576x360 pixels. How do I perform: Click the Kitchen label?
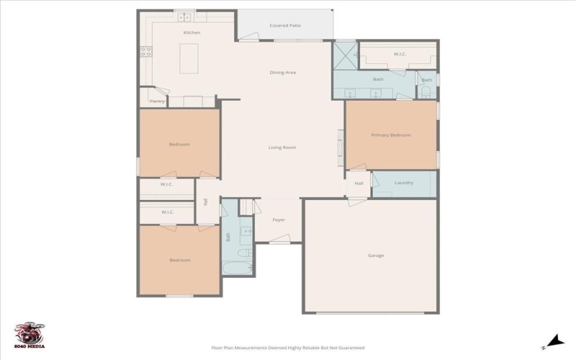pyautogui.click(x=192, y=33)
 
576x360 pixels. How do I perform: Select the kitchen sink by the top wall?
pyautogui.click(x=185, y=16)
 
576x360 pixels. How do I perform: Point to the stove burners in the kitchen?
pyautogui.click(x=145, y=51)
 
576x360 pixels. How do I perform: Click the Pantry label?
pyautogui.click(x=157, y=102)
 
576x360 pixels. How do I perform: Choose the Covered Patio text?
pyautogui.click(x=285, y=26)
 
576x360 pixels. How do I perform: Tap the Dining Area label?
pyautogui.click(x=283, y=73)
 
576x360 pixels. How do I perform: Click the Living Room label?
pyautogui.click(x=282, y=148)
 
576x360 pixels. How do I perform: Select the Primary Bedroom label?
pyautogui.click(x=391, y=135)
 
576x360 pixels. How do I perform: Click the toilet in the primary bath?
pyautogui.click(x=426, y=91)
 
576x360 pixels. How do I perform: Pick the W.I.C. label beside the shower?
pyautogui.click(x=400, y=55)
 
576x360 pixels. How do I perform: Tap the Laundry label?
pyautogui.click(x=404, y=183)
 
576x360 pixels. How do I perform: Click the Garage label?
pyautogui.click(x=376, y=256)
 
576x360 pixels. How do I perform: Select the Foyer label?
pyautogui.click(x=279, y=220)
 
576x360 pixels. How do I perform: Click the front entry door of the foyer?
pyautogui.click(x=279, y=243)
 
